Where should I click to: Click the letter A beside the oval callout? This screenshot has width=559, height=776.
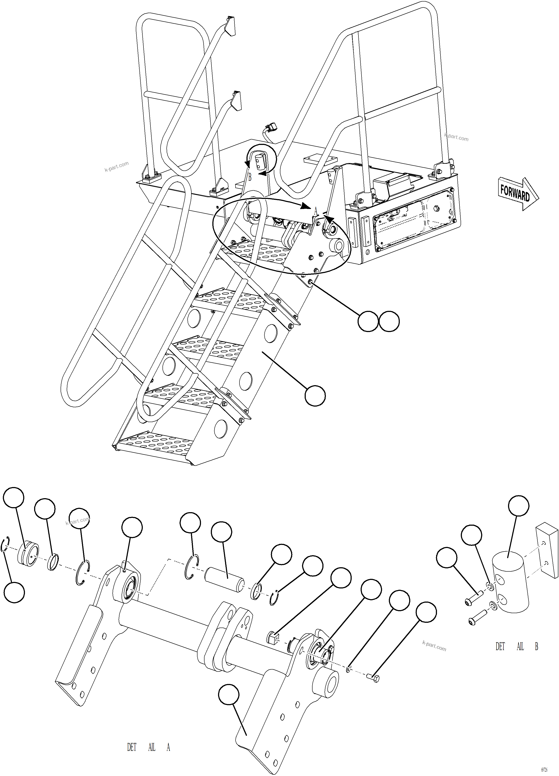click(316, 211)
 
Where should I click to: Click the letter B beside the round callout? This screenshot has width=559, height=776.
click(250, 177)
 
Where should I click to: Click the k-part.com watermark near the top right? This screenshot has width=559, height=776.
click(456, 137)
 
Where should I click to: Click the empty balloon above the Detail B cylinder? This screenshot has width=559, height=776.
click(519, 505)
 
